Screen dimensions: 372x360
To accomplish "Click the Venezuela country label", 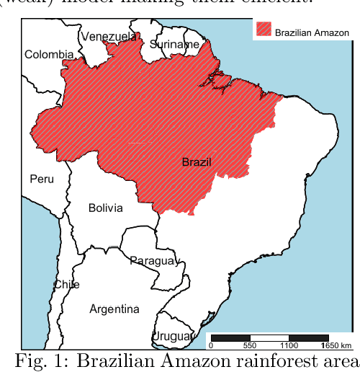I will pyautogui.click(x=108, y=36).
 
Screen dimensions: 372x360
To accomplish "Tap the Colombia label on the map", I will pyautogui.click(x=49, y=55).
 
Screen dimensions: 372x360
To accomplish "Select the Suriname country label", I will pyautogui.click(x=175, y=45).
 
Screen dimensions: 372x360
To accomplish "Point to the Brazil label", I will pyautogui.click(x=197, y=162).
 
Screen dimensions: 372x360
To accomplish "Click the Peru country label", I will pyautogui.click(x=42, y=178).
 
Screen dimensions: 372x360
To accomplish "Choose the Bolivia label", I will pyautogui.click(x=105, y=208).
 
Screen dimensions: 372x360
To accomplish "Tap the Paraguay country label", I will pyautogui.click(x=153, y=260).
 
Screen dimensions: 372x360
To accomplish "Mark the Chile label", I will pyautogui.click(x=67, y=284).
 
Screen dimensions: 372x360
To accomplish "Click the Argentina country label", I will pyautogui.click(x=114, y=309).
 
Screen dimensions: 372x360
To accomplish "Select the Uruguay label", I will pyautogui.click(x=172, y=337).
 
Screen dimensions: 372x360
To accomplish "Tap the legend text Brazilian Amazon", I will pyautogui.click(x=312, y=33).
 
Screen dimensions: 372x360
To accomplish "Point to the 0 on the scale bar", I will pyautogui.click(x=210, y=345).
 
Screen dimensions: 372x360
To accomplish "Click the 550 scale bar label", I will pyautogui.click(x=250, y=345).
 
